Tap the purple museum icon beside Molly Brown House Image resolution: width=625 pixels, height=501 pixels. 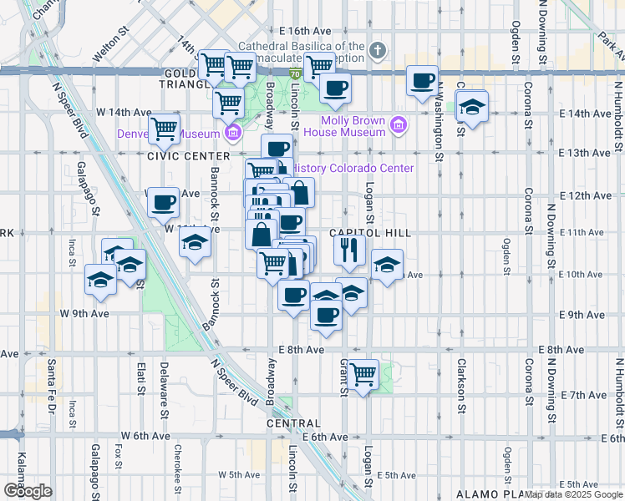click(399, 126)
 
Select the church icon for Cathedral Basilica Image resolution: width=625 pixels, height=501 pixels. click(378, 51)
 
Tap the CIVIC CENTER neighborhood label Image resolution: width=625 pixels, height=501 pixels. click(188, 156)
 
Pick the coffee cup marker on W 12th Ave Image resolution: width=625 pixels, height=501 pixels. click(164, 200)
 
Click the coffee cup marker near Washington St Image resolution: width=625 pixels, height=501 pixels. click(423, 81)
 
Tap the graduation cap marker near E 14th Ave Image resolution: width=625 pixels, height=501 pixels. click(472, 108)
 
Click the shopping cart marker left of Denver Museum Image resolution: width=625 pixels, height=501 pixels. click(165, 129)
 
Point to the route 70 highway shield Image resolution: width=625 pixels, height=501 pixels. click(296, 75)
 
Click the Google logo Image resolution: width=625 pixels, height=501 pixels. click(27, 491)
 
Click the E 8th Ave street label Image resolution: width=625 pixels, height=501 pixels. click(303, 350)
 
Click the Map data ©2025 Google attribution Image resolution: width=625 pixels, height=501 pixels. click(573, 494)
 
